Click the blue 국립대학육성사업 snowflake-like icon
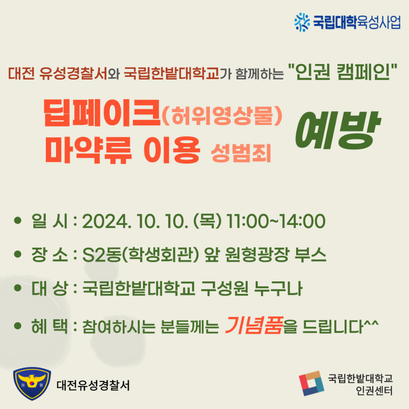click(x=302, y=22)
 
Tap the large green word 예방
click(x=338, y=130)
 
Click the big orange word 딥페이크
click(x=102, y=113)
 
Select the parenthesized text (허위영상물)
click(x=222, y=115)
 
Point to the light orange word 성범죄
click(x=241, y=153)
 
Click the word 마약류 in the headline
click(x=88, y=150)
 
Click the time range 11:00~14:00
click(x=276, y=221)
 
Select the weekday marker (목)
click(x=207, y=221)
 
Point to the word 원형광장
click(x=257, y=255)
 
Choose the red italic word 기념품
click(x=254, y=325)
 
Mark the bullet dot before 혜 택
click(x=17, y=325)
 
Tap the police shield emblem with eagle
click(x=32, y=383)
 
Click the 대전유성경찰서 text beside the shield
click(x=93, y=385)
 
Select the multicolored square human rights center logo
click(x=312, y=383)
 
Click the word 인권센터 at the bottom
click(x=374, y=390)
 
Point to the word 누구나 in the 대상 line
click(x=278, y=288)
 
